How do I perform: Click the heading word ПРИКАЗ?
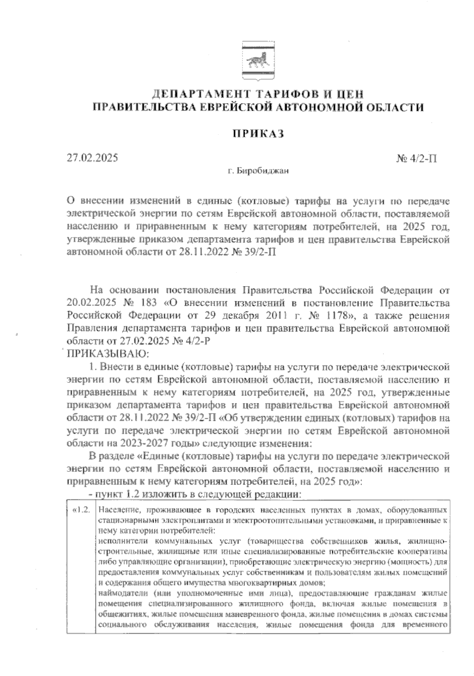(x=258, y=134)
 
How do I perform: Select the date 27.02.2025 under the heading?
(x=92, y=158)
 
